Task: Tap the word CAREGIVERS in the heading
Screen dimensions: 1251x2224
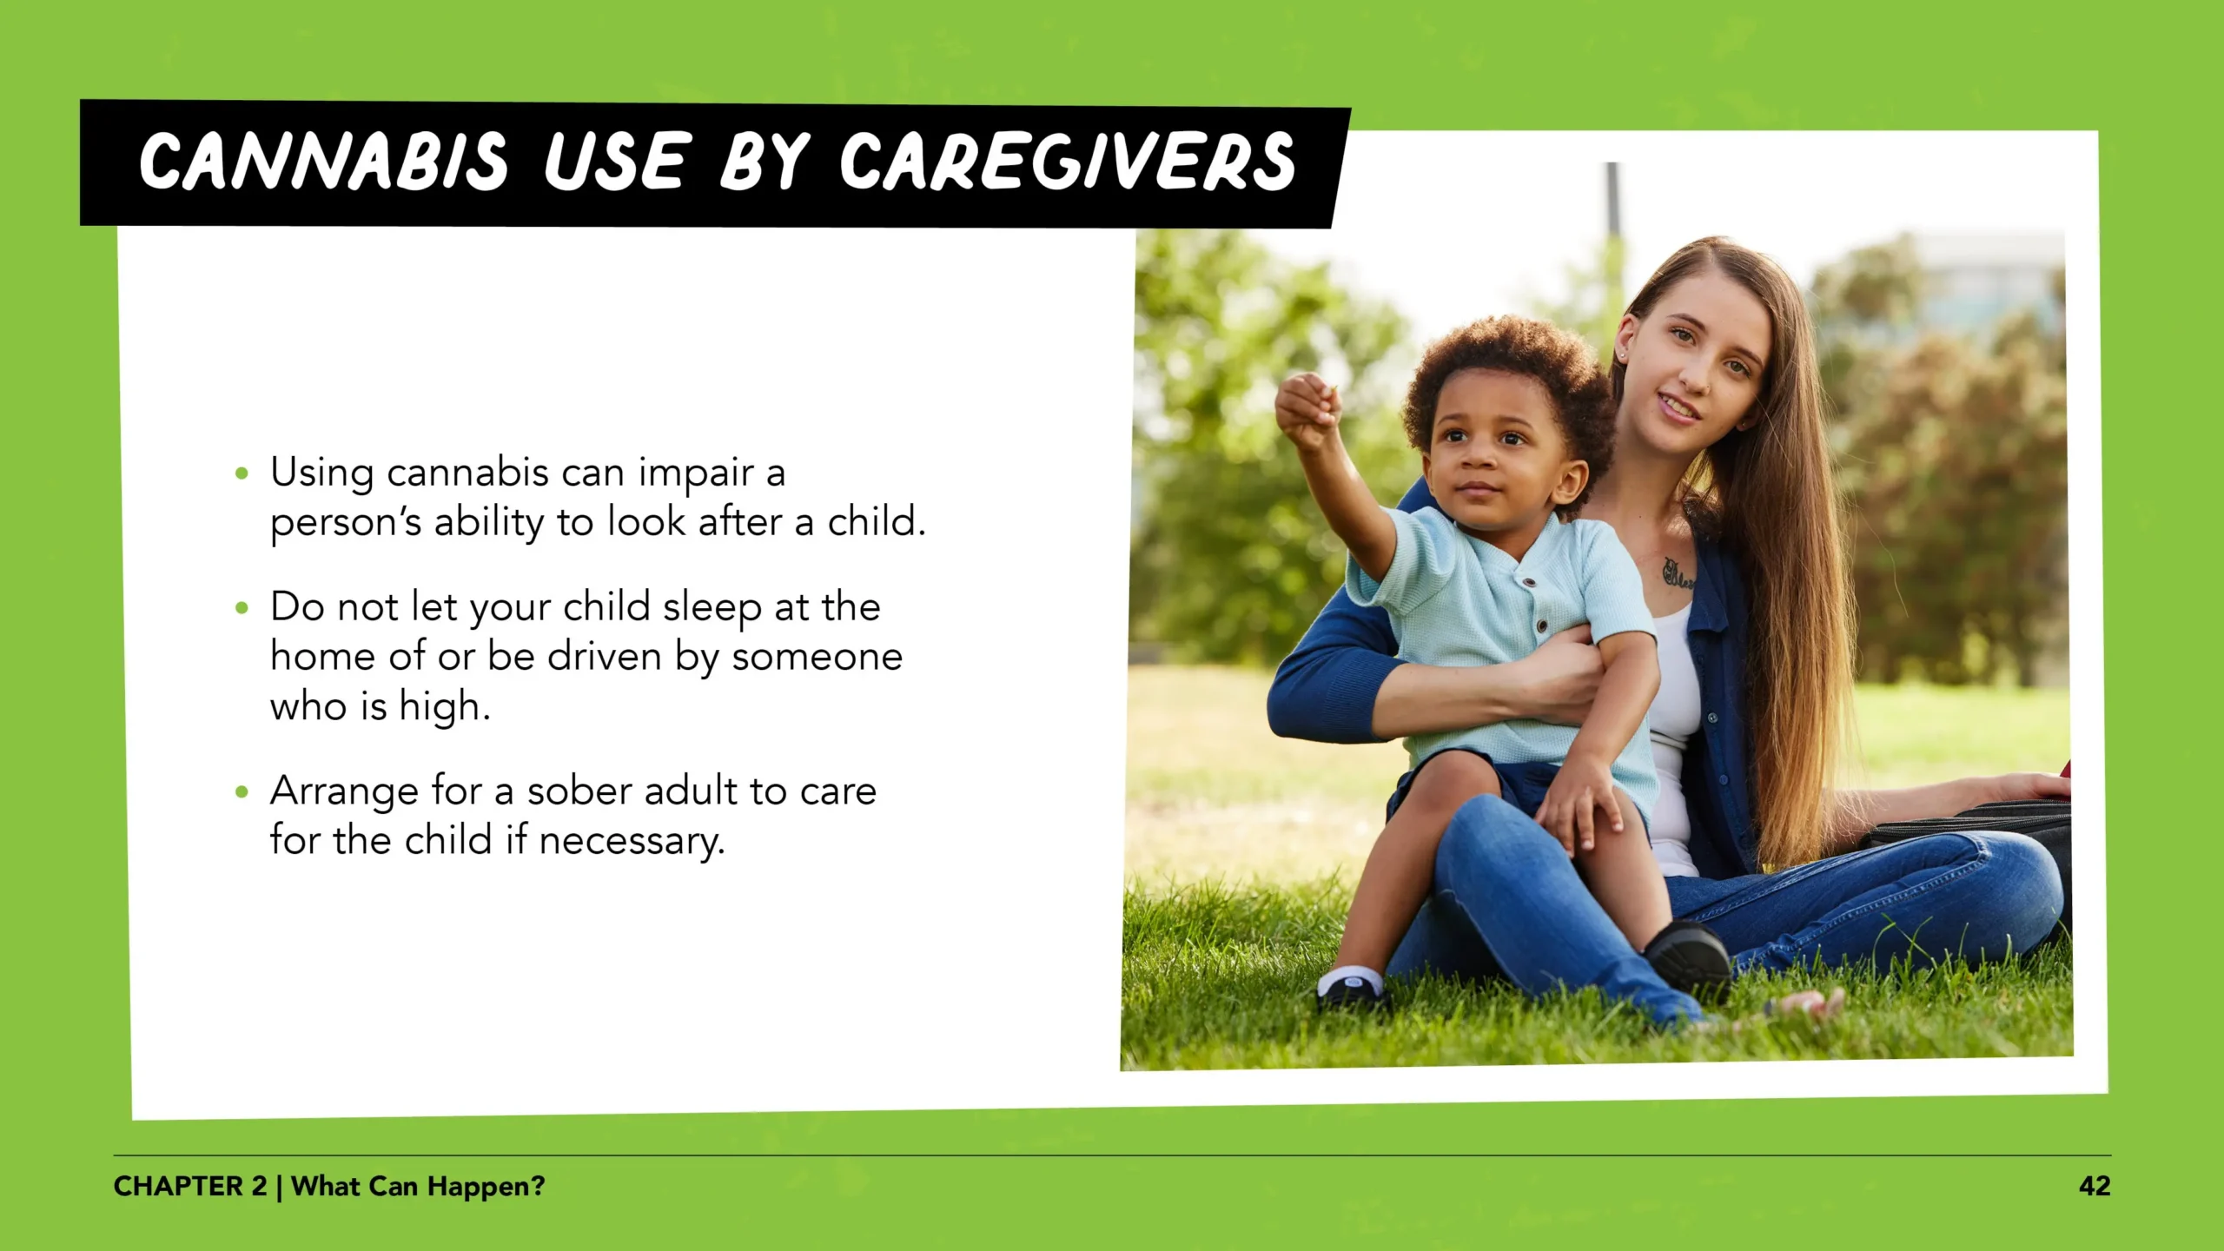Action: pyautogui.click(x=1067, y=162)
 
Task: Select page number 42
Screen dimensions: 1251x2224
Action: pyautogui.click(x=2095, y=1186)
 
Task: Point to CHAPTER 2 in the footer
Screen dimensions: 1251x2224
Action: pyautogui.click(x=189, y=1186)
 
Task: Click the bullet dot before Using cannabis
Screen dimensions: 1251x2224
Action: pyautogui.click(x=242, y=474)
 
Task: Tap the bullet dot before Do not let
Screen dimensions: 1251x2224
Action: pyautogui.click(x=242, y=608)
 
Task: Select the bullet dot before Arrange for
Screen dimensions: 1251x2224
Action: pyautogui.click(x=242, y=792)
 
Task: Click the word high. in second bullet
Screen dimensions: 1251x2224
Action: pyautogui.click(x=444, y=707)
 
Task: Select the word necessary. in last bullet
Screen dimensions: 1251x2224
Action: pyautogui.click(x=632, y=841)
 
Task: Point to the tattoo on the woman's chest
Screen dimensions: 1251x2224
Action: pyautogui.click(x=1677, y=573)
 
